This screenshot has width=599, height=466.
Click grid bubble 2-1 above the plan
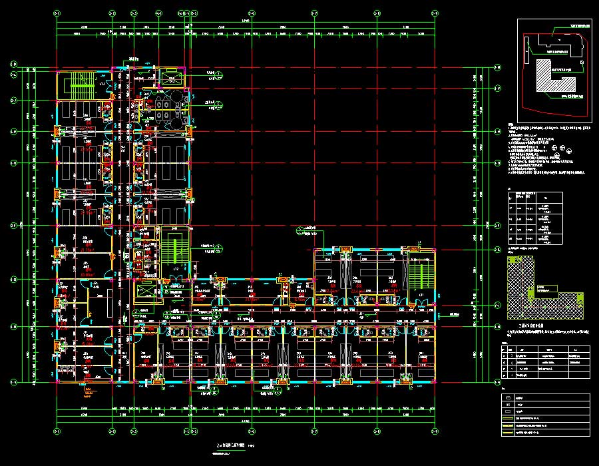click(x=57, y=13)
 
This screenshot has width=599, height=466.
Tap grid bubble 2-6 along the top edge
click(x=252, y=13)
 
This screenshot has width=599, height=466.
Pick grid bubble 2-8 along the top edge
click(x=377, y=13)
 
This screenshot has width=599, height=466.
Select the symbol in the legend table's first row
click(x=509, y=397)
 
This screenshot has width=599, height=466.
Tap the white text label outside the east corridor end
click(x=455, y=314)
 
